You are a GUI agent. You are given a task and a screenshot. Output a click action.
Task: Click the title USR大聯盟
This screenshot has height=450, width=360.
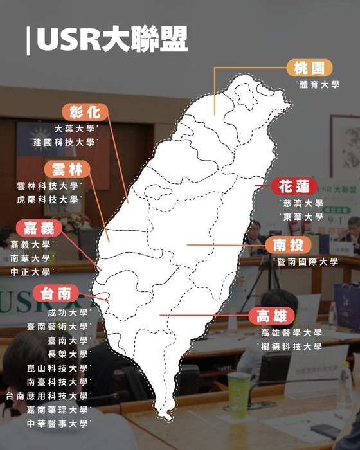(113, 40)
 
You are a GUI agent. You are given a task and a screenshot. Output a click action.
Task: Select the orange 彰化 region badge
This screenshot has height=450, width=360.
(85, 112)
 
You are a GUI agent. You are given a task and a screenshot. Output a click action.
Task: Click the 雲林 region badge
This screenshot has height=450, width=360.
(67, 170)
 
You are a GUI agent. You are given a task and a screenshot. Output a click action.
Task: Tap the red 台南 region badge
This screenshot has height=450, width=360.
(56, 294)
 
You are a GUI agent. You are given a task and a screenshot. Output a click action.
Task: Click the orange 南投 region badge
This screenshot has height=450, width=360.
(288, 245)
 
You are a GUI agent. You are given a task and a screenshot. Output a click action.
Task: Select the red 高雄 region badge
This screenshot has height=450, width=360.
(271, 316)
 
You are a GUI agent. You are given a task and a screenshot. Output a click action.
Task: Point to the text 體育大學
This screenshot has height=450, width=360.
(319, 84)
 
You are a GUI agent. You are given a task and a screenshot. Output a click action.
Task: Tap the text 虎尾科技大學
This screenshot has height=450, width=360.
(48, 200)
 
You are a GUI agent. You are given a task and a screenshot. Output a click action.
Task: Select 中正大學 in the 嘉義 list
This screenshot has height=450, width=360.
(30, 272)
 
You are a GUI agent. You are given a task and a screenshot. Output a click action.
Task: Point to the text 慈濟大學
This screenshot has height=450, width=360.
(301, 203)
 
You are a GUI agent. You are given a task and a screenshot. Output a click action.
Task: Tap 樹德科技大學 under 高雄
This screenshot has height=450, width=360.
(292, 346)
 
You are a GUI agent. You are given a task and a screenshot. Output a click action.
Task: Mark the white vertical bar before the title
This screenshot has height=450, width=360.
(28, 40)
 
